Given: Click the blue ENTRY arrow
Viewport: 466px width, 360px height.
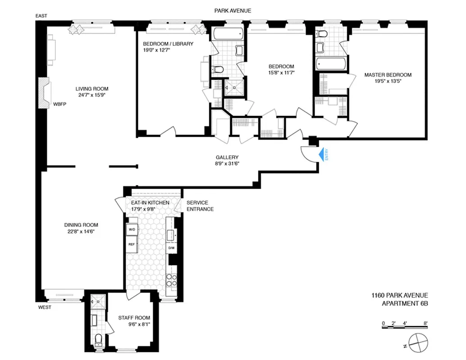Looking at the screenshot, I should pos(322,155).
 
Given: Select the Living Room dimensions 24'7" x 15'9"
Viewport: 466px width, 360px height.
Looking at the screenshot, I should pos(92,95).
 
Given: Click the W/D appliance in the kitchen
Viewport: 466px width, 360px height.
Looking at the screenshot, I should pos(132,229).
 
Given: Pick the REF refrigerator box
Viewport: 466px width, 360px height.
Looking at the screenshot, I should pos(132,244).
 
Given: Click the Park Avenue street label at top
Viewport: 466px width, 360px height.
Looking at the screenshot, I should pos(233,10).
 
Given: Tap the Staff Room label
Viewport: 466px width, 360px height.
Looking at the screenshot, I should pos(134,318).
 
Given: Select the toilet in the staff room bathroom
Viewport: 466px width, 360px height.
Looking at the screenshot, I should pos(98,340).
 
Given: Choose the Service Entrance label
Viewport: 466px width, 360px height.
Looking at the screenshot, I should pos(200,206).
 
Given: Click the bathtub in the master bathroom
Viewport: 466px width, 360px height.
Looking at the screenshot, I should pos(331,63).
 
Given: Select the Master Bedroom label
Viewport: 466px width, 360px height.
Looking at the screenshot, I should pos(388,75).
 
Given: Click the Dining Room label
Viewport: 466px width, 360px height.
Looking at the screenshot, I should pos(81,225).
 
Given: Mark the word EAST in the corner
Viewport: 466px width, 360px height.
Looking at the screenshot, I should pos(41,16).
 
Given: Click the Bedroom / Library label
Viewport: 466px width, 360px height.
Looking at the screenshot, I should pos(168,44).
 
